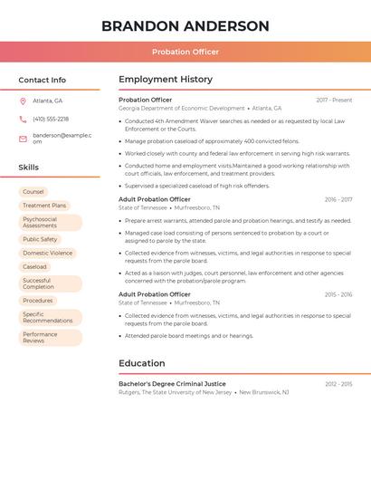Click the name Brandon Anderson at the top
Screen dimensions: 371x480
[185, 26]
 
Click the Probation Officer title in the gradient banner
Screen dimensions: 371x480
[185, 52]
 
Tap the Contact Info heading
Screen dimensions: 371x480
[43, 80]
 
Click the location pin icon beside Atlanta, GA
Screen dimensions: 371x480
[23, 101]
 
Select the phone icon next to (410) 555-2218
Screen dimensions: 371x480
[23, 119]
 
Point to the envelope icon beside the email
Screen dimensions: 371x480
[23, 139]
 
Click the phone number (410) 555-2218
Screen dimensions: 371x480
[51, 119]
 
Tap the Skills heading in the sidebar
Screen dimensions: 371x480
[29, 168]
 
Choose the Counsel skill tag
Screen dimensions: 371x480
[33, 192]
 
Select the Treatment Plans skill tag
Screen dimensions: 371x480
[44, 206]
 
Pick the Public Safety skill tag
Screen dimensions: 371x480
[40, 239]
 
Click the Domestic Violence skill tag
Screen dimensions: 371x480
[48, 253]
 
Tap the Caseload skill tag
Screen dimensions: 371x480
[34, 267]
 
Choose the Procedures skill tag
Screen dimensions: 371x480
[38, 301]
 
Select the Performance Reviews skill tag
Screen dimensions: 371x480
[40, 338]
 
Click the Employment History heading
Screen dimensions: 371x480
[166, 80]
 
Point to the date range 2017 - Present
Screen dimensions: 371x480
[334, 100]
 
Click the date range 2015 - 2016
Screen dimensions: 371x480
[338, 294]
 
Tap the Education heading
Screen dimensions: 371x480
[142, 363]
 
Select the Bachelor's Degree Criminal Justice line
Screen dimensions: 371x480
[172, 384]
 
